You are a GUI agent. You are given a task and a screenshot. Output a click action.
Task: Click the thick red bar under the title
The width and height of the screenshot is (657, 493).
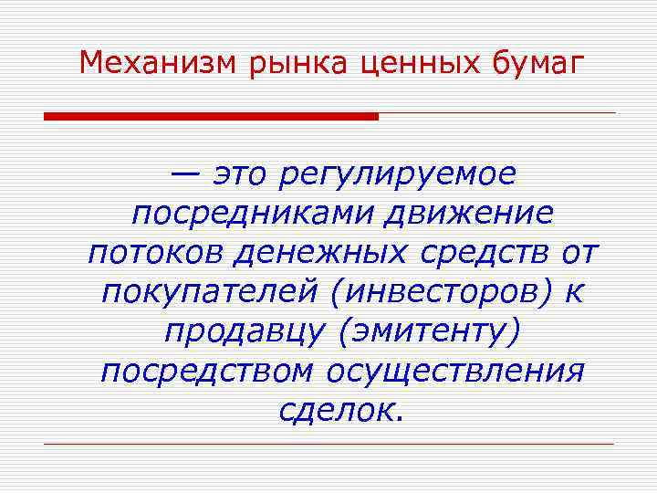[211, 116]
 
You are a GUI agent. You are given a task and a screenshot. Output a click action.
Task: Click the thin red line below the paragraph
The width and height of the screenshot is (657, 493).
[328, 444]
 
